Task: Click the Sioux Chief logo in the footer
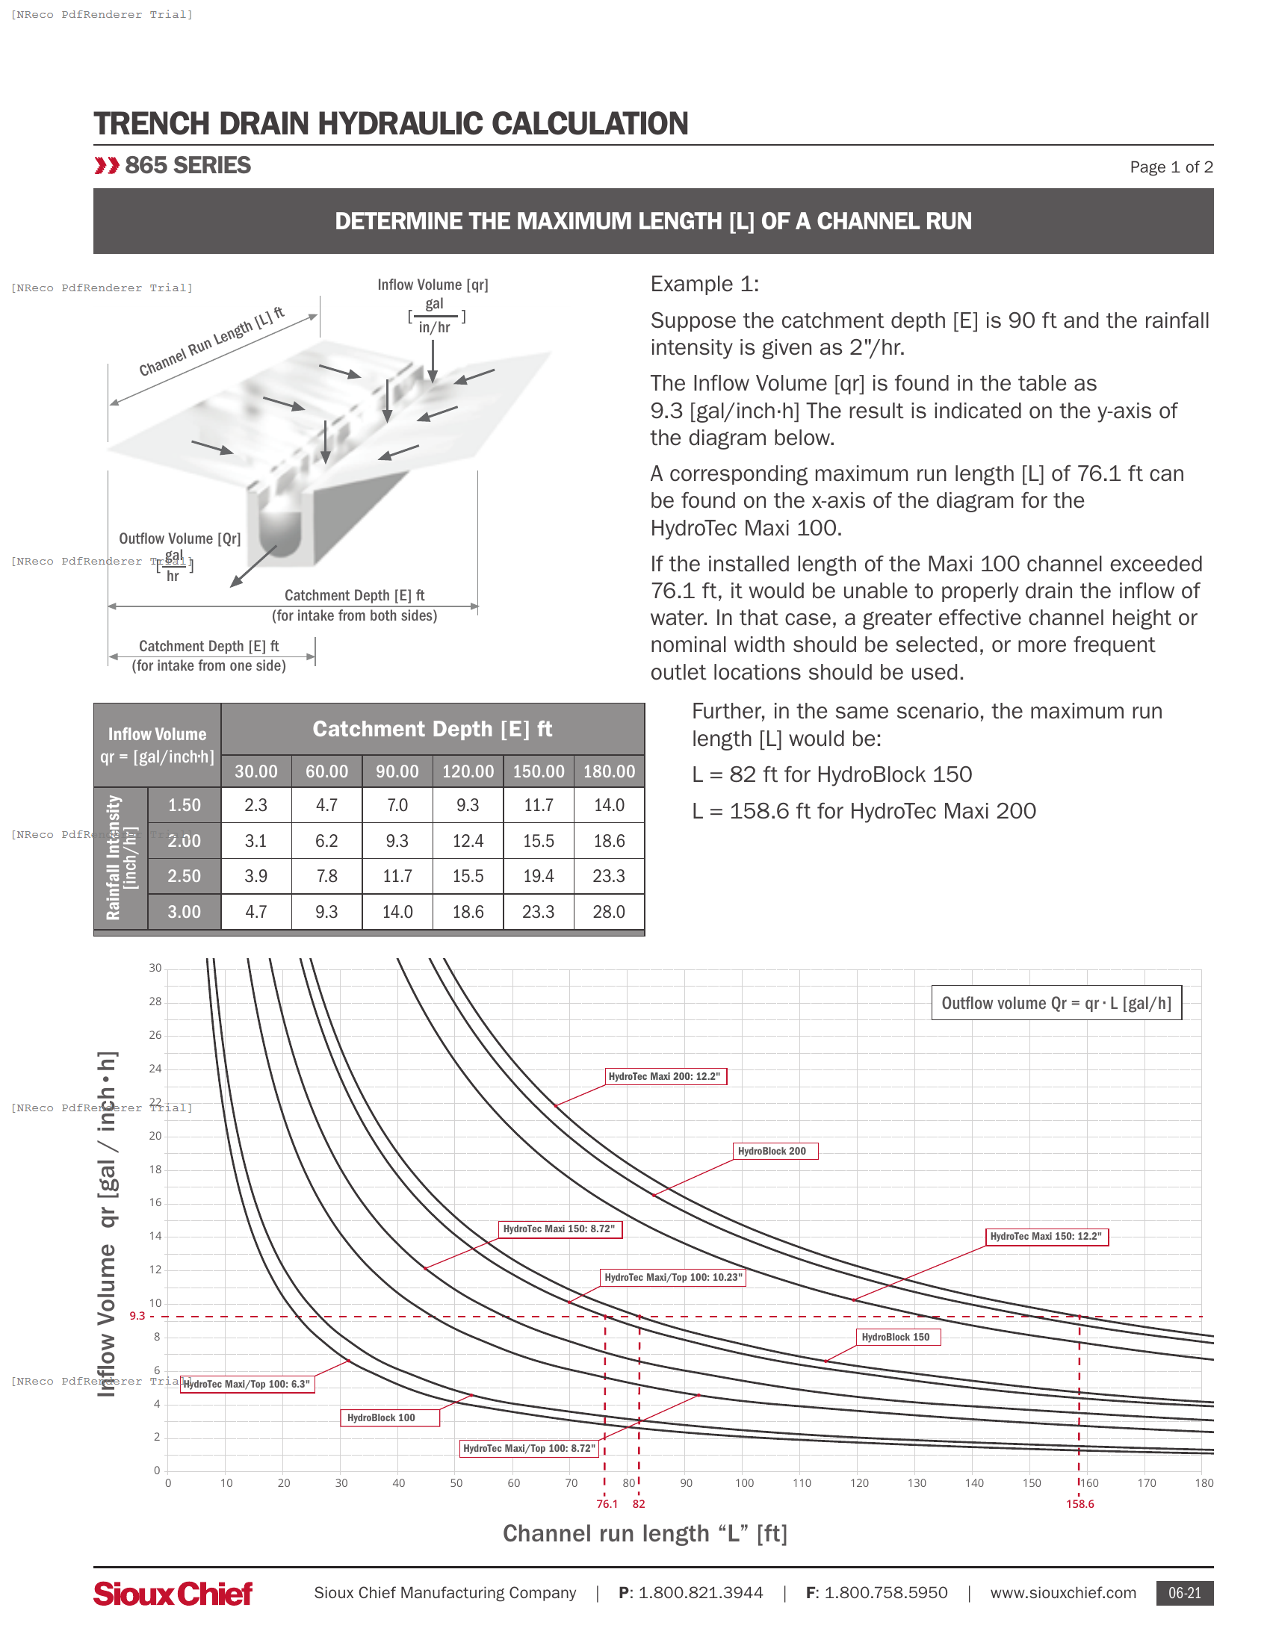coord(173,1594)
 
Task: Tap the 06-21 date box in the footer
coord(1183,1593)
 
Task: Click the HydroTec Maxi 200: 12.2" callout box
coord(665,1076)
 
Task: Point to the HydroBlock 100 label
coord(389,1417)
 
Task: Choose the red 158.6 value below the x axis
coord(1079,1504)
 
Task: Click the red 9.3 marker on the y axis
coord(137,1316)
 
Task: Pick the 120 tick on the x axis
coord(858,1482)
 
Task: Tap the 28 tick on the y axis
coord(155,1001)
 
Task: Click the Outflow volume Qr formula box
coord(1056,1003)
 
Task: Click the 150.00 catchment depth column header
coord(538,771)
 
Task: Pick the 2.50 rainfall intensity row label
coord(185,876)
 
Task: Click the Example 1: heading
coord(704,284)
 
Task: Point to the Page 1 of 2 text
coord(1170,167)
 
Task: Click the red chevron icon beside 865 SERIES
coord(107,166)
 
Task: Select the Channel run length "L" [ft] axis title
coord(645,1533)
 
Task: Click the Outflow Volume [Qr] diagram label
coord(180,538)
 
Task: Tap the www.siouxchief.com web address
coord(1062,1593)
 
